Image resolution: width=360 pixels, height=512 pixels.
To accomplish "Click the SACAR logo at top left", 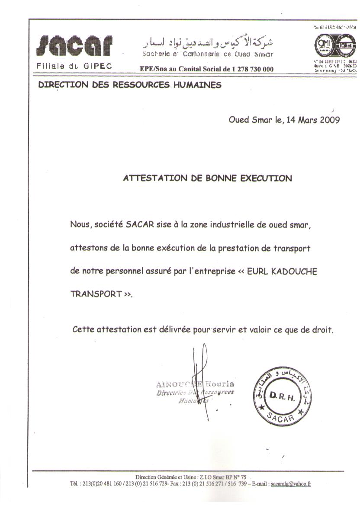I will pyautogui.click(x=76, y=46).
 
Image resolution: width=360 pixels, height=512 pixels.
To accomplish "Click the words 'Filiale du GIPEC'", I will pyautogui.click(x=75, y=67).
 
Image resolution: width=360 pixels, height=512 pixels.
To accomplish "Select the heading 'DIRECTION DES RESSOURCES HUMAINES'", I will pyautogui.click(x=130, y=85).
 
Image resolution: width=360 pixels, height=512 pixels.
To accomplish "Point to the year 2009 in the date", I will pyautogui.click(x=330, y=120).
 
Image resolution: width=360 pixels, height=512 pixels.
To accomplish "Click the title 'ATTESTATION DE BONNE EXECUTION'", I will pyautogui.click(x=208, y=178).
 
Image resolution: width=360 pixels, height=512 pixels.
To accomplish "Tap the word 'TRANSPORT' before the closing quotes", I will pyautogui.click(x=96, y=294).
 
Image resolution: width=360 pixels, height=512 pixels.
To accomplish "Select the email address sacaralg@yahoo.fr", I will pyautogui.click(x=291, y=484).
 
